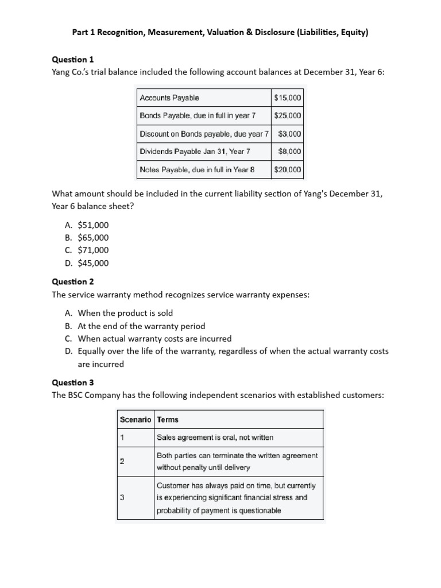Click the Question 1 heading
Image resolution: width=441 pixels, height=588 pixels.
pyautogui.click(x=73, y=59)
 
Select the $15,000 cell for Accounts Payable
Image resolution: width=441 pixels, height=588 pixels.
pyautogui.click(x=288, y=98)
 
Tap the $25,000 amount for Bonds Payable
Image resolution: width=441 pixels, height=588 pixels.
pyautogui.click(x=288, y=116)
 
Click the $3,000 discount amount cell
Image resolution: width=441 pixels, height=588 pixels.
pyautogui.click(x=289, y=134)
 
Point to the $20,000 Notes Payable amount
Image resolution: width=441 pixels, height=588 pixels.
pyautogui.click(x=288, y=169)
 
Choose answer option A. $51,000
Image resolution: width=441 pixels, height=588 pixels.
pyautogui.click(x=87, y=225)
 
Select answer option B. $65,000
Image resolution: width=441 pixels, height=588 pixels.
pyautogui.click(x=87, y=238)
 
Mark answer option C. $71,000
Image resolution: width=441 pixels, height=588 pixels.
pyautogui.click(x=87, y=250)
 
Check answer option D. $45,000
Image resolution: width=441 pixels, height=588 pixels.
pyautogui.click(x=87, y=263)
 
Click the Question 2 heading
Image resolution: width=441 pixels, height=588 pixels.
pyautogui.click(x=73, y=281)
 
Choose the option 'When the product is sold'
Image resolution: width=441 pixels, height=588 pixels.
pyautogui.click(x=125, y=313)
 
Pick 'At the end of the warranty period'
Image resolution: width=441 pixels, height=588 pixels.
pyautogui.click(x=141, y=326)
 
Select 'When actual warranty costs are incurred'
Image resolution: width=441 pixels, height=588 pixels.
pyautogui.click(x=154, y=338)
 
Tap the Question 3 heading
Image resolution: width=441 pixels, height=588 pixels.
pyautogui.click(x=73, y=382)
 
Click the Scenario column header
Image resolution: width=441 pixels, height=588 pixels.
pyautogui.click(x=136, y=419)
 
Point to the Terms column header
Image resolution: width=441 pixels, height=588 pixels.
pyautogui.click(x=168, y=419)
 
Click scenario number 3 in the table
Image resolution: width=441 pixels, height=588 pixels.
pyautogui.click(x=122, y=497)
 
